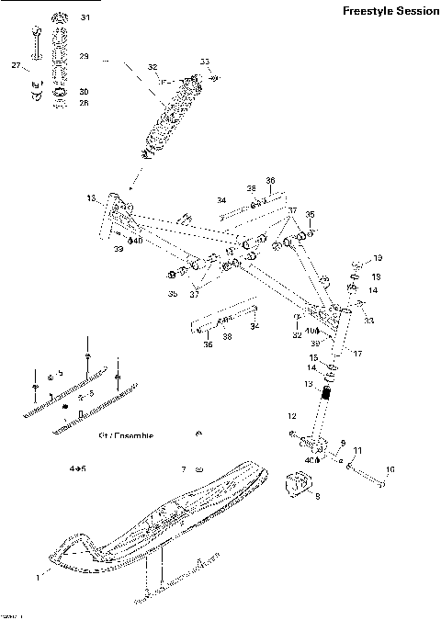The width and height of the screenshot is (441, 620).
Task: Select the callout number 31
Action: pos(85,18)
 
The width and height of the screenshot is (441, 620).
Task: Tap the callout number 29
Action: pos(84,57)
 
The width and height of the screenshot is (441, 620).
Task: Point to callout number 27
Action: pos(16,65)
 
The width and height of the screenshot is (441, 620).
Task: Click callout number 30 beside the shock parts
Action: pos(84,92)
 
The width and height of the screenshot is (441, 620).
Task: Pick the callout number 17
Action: pos(358,353)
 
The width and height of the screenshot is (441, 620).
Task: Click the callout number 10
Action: pos(390,470)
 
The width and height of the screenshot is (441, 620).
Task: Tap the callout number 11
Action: pos(358,450)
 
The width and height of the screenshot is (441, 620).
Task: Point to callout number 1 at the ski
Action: pos(39,578)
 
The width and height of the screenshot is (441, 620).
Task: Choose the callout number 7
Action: pos(183,469)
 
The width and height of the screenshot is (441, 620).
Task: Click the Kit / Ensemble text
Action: pos(125,435)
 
